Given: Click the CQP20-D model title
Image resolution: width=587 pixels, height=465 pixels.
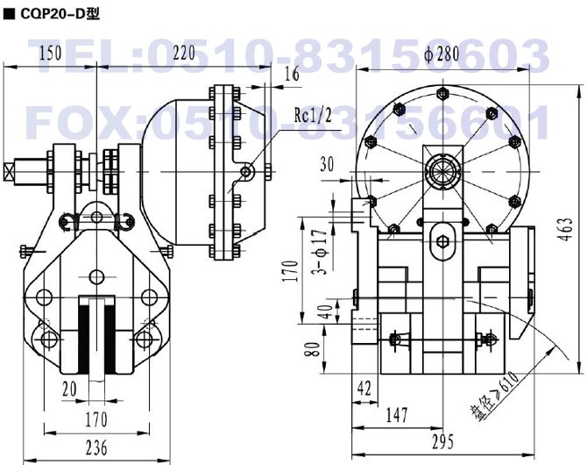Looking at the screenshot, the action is (60, 13).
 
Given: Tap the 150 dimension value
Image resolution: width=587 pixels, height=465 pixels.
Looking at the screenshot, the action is (50, 53).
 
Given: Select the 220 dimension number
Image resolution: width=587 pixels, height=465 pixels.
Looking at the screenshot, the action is (184, 53).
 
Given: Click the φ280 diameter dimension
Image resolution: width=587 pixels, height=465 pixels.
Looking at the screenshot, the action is (442, 54).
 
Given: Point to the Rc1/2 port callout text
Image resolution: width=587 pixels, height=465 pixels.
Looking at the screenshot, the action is (313, 115).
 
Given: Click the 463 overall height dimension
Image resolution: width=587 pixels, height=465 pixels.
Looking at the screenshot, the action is (568, 230).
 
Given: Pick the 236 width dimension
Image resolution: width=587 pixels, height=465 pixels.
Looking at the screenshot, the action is (96, 447).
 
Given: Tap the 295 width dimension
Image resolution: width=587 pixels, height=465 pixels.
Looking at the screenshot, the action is (442, 441).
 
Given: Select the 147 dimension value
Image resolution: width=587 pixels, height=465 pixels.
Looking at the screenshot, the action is (397, 415).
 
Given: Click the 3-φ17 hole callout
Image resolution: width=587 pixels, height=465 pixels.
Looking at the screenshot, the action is (321, 252).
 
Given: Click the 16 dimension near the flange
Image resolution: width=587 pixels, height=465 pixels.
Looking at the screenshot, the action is (292, 74).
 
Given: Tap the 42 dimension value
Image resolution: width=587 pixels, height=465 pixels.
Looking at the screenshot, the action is (364, 388).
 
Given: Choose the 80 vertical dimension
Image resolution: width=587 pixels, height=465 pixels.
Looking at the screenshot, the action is (314, 349).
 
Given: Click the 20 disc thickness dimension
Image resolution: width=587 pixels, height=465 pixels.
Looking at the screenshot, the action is (69, 390).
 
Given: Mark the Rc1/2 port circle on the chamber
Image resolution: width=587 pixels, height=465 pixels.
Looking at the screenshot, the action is (245, 172).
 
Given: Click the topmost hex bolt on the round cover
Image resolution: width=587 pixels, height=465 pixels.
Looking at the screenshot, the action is (442, 93).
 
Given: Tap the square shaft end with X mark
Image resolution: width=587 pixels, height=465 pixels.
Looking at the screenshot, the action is (8, 172).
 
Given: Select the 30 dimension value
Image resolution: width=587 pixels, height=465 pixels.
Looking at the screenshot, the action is (327, 164).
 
